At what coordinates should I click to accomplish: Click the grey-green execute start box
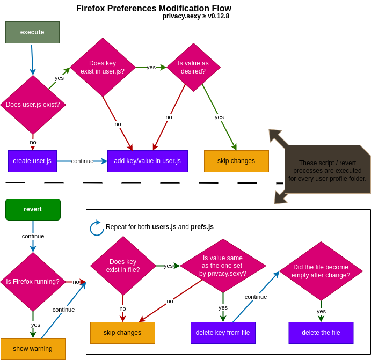(x=32, y=32)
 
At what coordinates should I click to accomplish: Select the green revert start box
(x=33, y=209)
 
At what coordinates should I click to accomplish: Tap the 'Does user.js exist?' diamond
(x=33, y=105)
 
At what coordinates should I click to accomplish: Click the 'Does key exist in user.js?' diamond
(x=103, y=67)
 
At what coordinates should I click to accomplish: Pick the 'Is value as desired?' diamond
(x=193, y=67)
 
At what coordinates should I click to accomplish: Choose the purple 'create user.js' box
(x=32, y=161)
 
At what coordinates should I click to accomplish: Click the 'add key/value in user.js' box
(x=148, y=161)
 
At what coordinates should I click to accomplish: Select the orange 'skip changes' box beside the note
(x=236, y=161)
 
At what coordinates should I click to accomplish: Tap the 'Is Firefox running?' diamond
(x=33, y=282)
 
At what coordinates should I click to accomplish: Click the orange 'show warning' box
(x=33, y=349)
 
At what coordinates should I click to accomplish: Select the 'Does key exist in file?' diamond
(x=123, y=266)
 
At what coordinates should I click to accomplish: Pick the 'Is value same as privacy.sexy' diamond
(x=223, y=266)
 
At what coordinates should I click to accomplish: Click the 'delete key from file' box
(x=223, y=333)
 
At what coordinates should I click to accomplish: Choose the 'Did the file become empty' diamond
(x=321, y=271)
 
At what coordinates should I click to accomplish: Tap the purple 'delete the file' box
(x=321, y=333)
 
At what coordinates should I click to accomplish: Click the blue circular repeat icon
(x=97, y=228)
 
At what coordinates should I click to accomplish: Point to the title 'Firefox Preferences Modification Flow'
(x=154, y=8)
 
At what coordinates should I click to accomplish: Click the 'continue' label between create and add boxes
(x=82, y=161)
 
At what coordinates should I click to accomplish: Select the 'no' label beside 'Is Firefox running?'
(x=76, y=282)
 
